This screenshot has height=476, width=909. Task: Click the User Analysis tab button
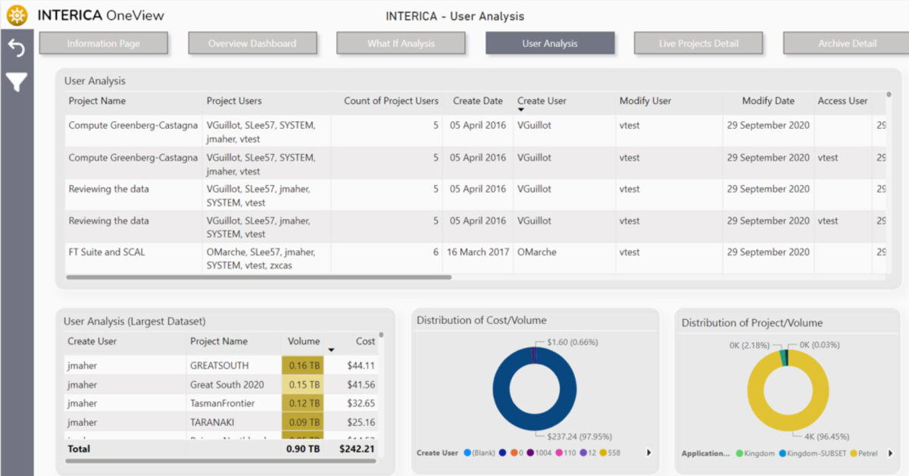(549, 43)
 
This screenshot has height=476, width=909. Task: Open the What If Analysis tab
(401, 43)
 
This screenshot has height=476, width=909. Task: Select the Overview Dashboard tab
(252, 43)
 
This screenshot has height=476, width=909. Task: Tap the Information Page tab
(103, 43)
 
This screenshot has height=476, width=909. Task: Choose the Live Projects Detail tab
(698, 43)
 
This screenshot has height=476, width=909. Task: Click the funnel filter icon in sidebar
(17, 82)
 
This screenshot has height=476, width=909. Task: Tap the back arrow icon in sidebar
(17, 49)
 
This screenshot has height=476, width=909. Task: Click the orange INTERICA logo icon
(17, 15)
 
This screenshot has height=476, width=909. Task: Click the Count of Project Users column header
(391, 101)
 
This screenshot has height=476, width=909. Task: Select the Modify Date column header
(768, 101)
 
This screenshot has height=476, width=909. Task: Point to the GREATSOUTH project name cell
(219, 365)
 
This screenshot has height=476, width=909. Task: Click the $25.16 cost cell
(361, 422)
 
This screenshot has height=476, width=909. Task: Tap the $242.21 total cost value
(356, 449)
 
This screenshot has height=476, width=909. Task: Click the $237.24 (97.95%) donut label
(579, 437)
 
